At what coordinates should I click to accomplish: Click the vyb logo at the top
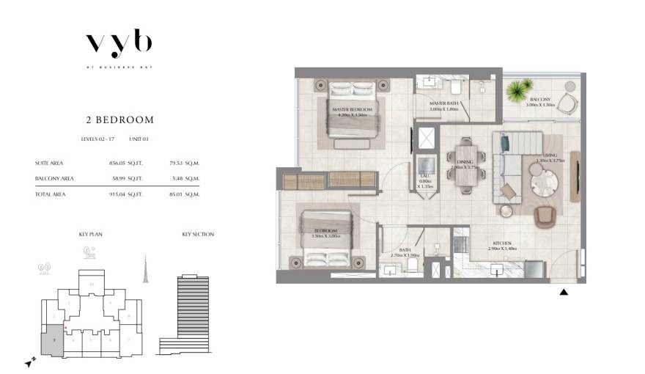119,43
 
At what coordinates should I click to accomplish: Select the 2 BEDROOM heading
119,120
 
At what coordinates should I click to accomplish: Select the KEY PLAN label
89,235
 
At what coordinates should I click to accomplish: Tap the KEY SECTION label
198,235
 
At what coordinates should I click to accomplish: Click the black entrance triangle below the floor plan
564,293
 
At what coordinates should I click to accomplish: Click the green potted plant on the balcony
520,91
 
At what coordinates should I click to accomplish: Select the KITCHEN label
502,243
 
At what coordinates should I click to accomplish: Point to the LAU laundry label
425,177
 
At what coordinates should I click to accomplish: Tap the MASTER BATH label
443,103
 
